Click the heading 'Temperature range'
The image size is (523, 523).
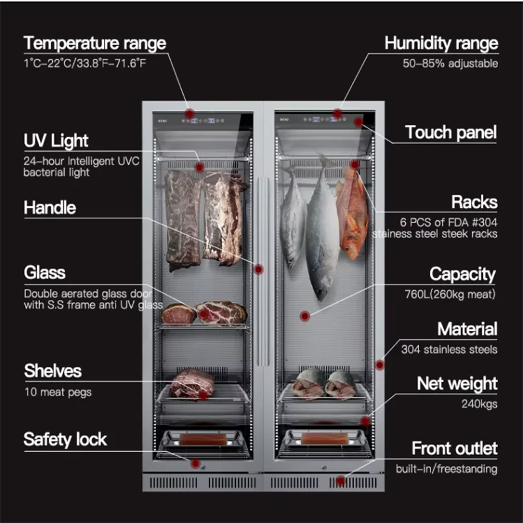pos(95,44)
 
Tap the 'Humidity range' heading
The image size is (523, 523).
pos(441,44)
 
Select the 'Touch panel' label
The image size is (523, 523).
pos(450,133)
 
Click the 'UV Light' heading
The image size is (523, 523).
pos(56,141)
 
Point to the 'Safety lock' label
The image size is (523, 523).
pos(65,439)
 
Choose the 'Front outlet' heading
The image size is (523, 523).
pos(454,449)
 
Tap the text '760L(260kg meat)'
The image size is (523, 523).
pos(450,295)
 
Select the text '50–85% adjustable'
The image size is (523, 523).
pos(450,64)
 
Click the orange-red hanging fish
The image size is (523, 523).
pos(353,212)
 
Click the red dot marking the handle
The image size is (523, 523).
pos(258,269)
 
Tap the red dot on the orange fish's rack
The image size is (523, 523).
pos(354,165)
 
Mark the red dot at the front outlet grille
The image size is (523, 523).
pos(341,481)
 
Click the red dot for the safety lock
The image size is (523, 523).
pos(195,463)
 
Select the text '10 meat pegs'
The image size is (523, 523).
pos(58,392)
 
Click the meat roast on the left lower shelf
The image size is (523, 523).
pos(192,384)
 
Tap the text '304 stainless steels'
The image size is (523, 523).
pos(449,350)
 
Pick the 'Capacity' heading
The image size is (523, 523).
pos(462,274)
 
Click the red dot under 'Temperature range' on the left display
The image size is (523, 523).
pos(189,113)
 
